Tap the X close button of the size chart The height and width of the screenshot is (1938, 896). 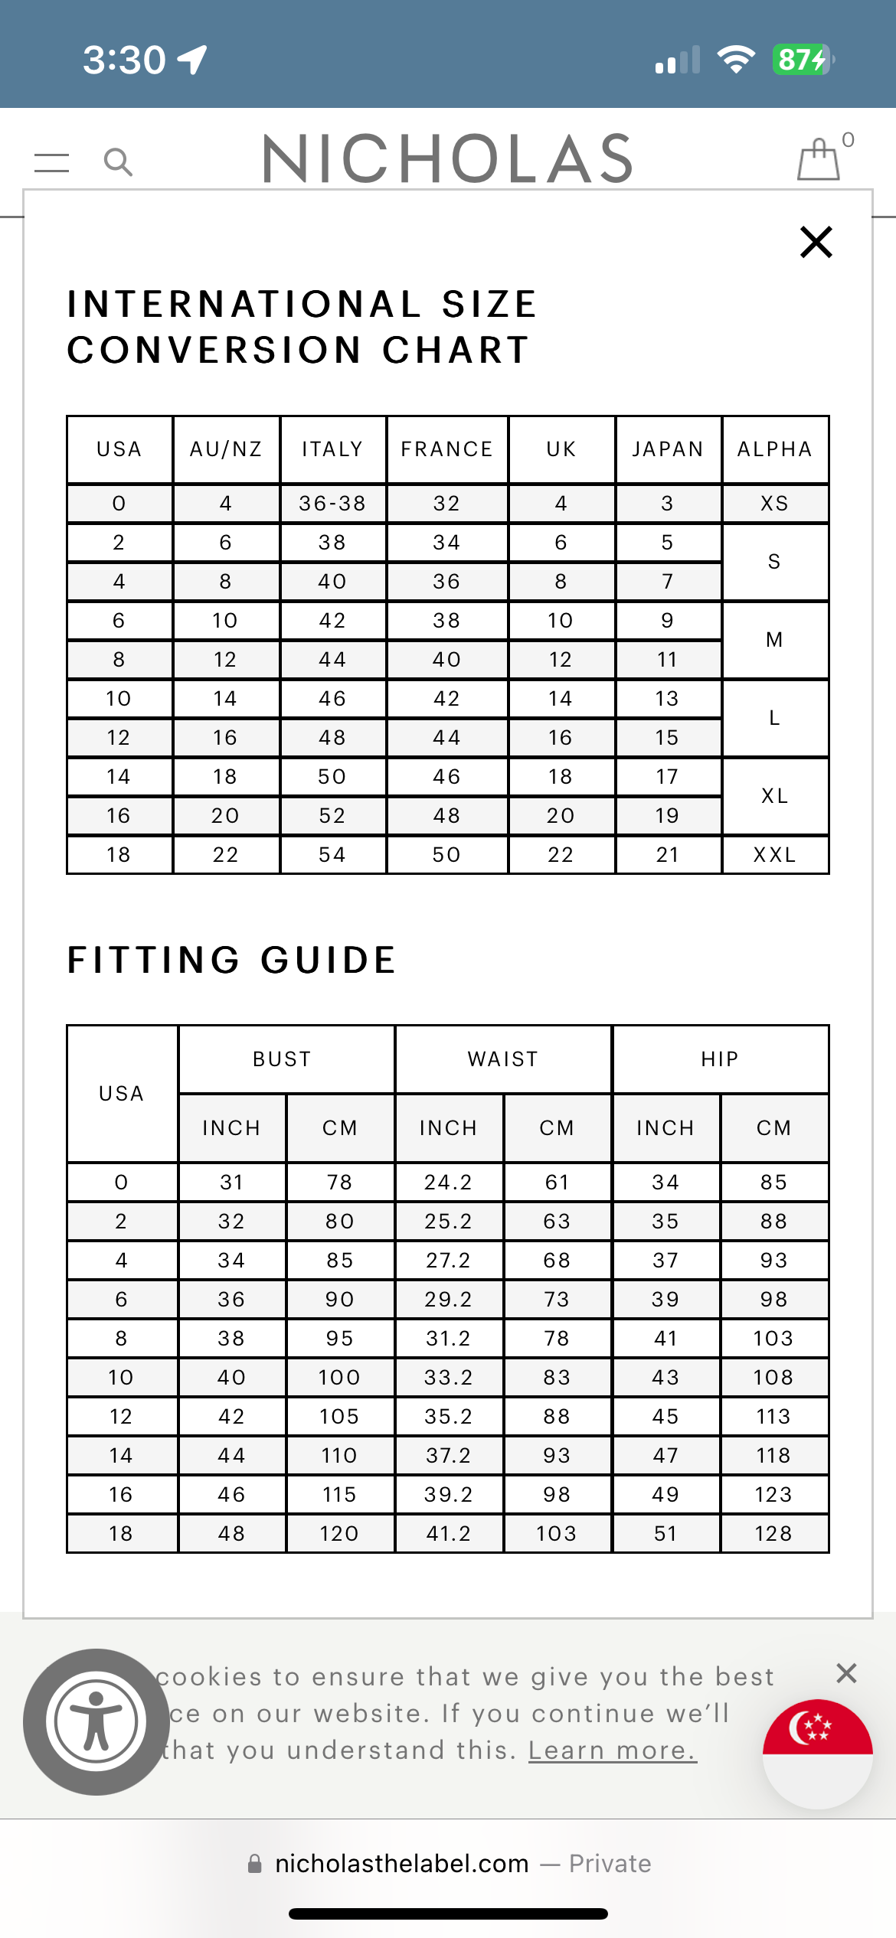pos(816,242)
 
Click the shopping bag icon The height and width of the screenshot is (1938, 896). pos(819,159)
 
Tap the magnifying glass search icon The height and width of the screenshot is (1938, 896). pos(118,161)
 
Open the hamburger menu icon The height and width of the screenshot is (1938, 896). pos(52,162)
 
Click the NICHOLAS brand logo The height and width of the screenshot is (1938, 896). pos(448,158)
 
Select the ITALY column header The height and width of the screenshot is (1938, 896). pos(332,449)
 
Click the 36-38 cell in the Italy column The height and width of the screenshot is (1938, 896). pos(332,504)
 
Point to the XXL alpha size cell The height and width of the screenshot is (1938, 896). pos(774,855)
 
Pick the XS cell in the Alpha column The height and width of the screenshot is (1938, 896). pos(774,504)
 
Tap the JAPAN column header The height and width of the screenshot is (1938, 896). pos(668,449)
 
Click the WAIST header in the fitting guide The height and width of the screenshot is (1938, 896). pos(503,1059)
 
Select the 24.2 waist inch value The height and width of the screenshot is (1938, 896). pos(449,1183)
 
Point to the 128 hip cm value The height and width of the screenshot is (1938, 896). pos(773,1534)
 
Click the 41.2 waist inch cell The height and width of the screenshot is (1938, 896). pos(449,1534)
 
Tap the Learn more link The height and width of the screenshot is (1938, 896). pos(613,1750)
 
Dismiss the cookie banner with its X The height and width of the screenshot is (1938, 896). pos(846,1673)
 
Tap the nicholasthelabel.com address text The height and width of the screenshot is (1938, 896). pos(402,1864)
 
